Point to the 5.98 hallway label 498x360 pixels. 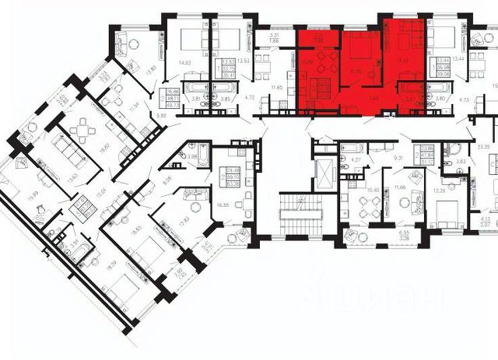[163, 116]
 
